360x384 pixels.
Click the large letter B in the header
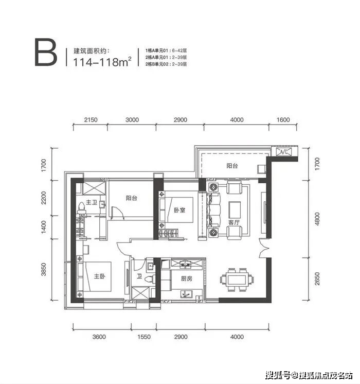click(46, 52)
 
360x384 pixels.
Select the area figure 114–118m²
click(102, 61)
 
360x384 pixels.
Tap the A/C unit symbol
click(284, 152)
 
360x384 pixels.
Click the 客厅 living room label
click(233, 222)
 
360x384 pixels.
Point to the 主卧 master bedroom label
click(100, 276)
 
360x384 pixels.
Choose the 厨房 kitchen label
click(187, 278)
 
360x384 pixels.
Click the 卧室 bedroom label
click(179, 210)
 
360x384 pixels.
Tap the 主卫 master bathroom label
click(92, 202)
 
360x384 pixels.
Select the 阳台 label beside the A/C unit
click(232, 166)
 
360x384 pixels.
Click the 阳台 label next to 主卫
click(132, 198)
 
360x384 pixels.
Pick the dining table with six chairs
click(237, 280)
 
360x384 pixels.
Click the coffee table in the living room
click(235, 210)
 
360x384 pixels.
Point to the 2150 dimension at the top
click(91, 120)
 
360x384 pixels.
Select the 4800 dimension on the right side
click(317, 219)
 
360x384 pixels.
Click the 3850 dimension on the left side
click(44, 269)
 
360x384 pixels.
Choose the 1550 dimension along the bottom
click(144, 337)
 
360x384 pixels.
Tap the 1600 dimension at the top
click(283, 120)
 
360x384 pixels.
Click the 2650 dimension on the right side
click(317, 278)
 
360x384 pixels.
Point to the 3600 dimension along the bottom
click(99, 337)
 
